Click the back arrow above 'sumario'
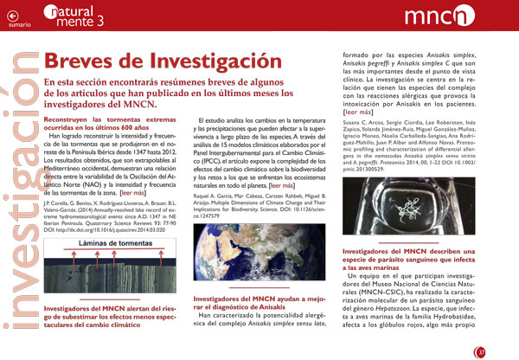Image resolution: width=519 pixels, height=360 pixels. [x=11, y=16]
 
